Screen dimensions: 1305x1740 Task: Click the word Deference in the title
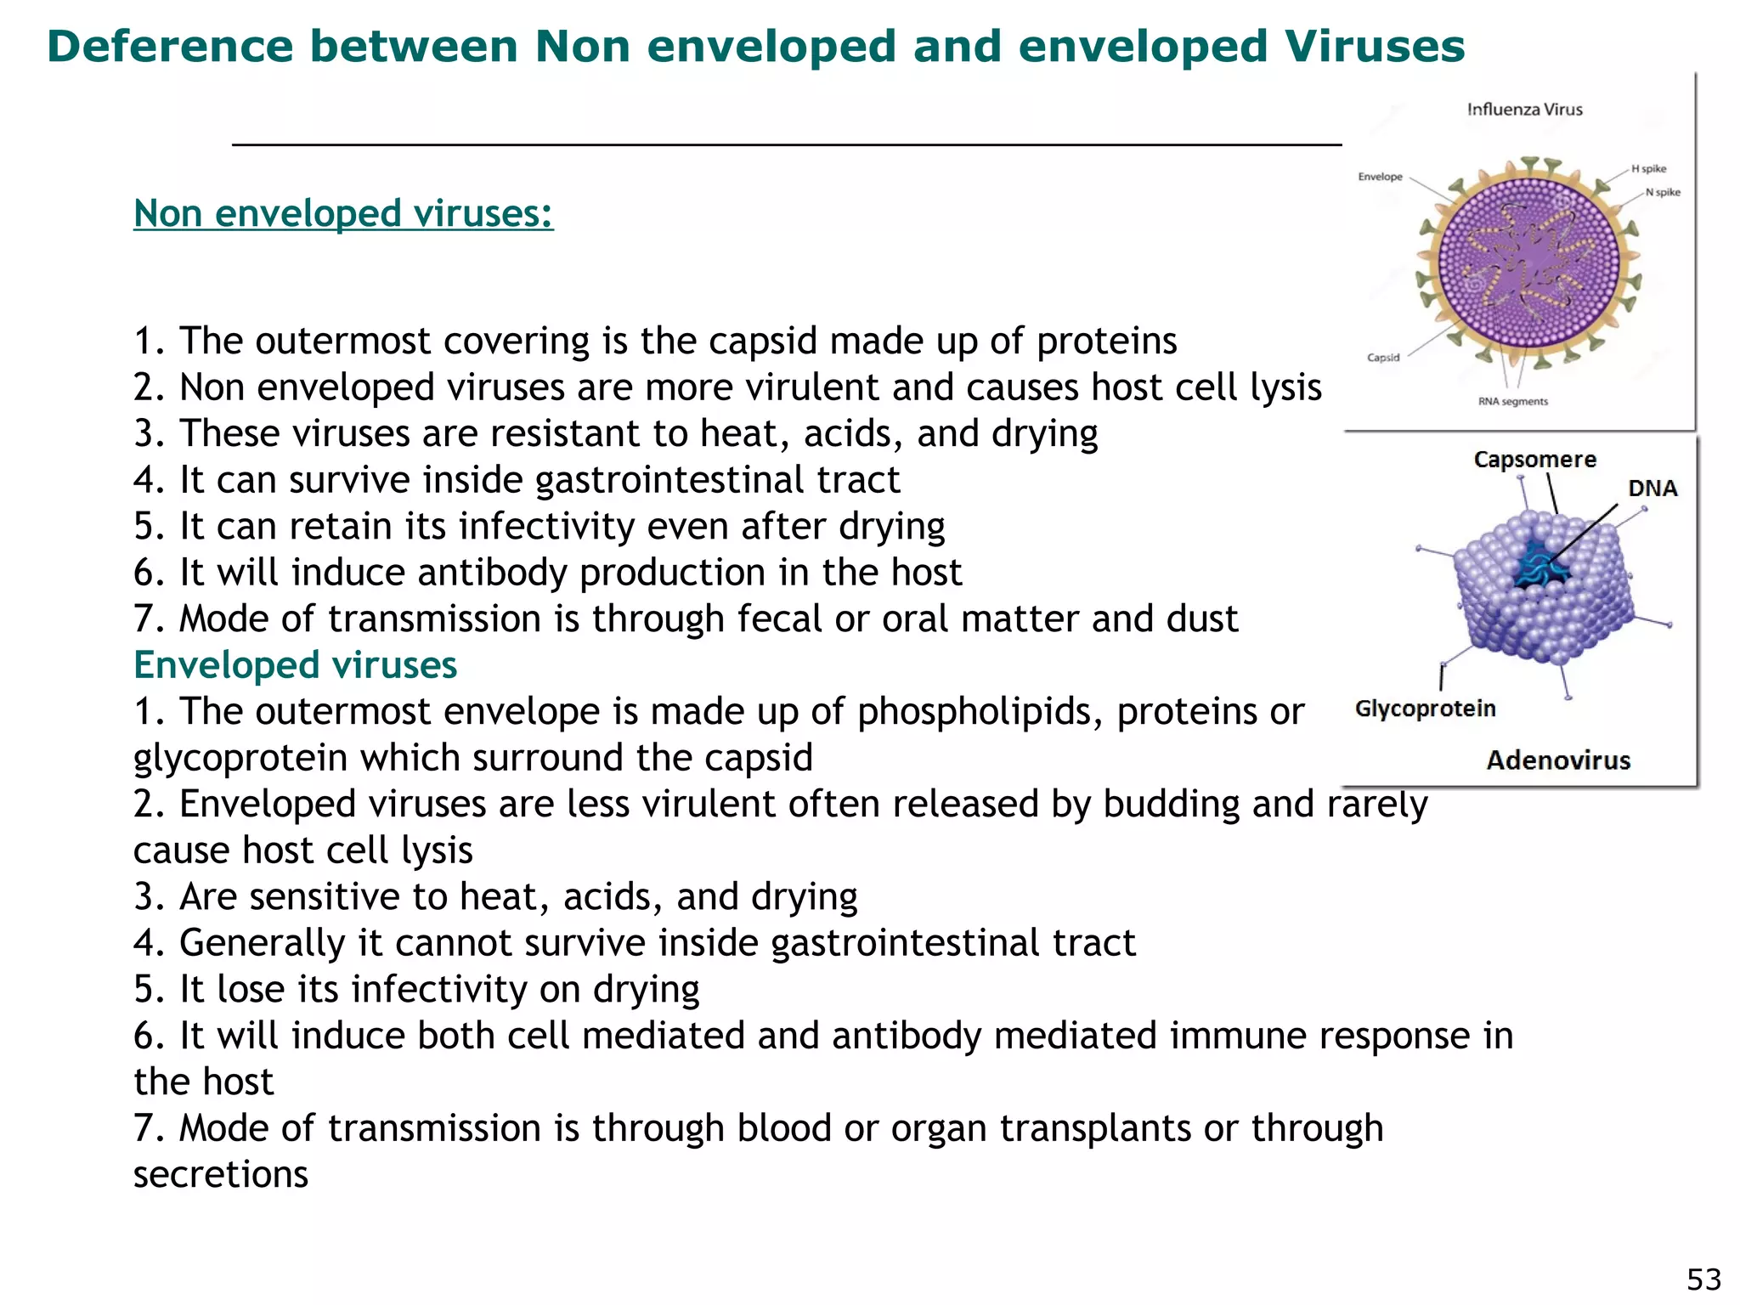[x=170, y=46]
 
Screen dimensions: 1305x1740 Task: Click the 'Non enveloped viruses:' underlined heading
[x=343, y=213]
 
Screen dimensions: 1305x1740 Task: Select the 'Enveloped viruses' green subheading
[x=295, y=664]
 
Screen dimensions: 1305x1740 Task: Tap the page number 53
[x=1703, y=1279]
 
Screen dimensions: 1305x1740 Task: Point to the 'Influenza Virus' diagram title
[x=1524, y=110]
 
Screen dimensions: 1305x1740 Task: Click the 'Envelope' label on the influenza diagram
[x=1380, y=177]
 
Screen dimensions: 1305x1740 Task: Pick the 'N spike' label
[x=1663, y=192]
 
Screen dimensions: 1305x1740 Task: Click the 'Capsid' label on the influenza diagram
[x=1383, y=358]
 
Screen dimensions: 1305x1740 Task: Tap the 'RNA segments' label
[x=1513, y=402]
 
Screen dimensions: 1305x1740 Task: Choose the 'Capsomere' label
[x=1534, y=460]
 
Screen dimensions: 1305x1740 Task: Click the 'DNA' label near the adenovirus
[x=1652, y=489]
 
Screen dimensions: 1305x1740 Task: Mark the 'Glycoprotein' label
[x=1425, y=709]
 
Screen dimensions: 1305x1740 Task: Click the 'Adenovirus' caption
[x=1558, y=760]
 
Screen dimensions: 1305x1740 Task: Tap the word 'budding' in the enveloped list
[x=1172, y=804]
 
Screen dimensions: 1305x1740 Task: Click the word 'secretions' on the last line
[x=221, y=1174]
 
